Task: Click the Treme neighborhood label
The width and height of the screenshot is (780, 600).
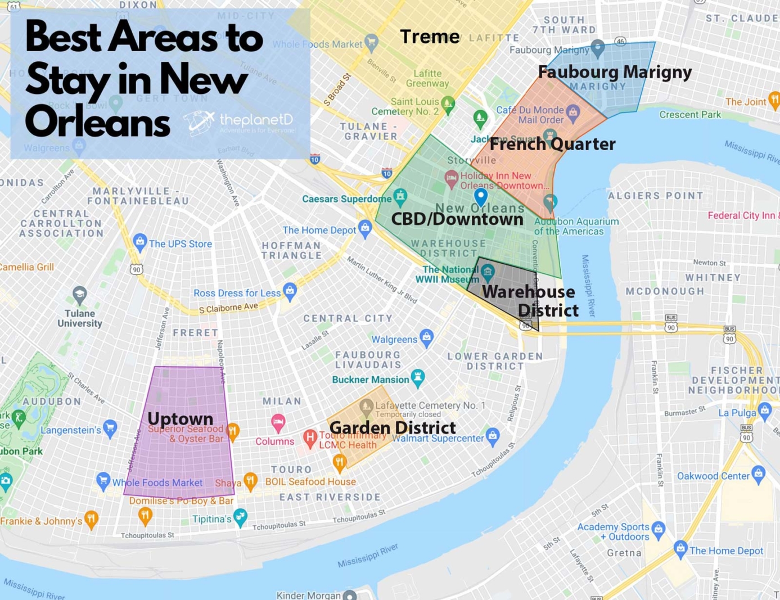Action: (430, 37)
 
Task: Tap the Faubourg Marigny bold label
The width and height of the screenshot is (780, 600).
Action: (615, 72)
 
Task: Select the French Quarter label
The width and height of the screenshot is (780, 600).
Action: (552, 144)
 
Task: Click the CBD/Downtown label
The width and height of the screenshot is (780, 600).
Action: (457, 219)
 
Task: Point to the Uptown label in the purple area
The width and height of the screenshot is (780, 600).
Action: (180, 419)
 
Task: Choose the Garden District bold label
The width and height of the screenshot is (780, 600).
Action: (392, 428)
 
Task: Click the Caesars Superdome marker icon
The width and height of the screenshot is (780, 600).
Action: (400, 197)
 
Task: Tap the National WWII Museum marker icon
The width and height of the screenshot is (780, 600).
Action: (488, 272)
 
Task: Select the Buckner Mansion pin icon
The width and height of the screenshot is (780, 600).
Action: (418, 378)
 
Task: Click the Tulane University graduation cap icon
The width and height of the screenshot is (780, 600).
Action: (80, 294)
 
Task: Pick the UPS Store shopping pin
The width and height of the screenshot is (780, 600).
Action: (140, 242)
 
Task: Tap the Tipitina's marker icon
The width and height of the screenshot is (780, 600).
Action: (240, 517)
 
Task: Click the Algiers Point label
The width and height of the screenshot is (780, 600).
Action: (655, 196)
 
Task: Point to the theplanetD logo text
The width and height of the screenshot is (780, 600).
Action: (256, 120)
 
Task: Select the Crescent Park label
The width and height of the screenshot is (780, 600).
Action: (689, 115)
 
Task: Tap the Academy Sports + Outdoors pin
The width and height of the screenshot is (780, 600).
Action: (658, 529)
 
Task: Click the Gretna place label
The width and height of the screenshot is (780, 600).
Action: (624, 553)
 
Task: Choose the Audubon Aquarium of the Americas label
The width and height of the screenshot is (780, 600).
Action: (576, 227)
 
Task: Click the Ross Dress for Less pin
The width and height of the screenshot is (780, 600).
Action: (290, 291)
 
